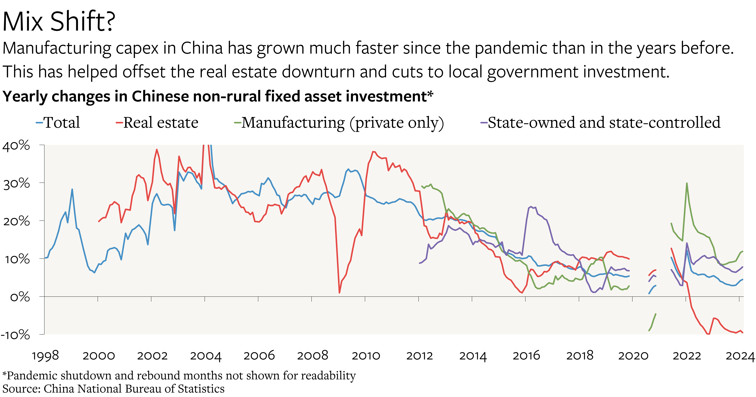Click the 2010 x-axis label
(366, 356)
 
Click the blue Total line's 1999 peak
(72, 189)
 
